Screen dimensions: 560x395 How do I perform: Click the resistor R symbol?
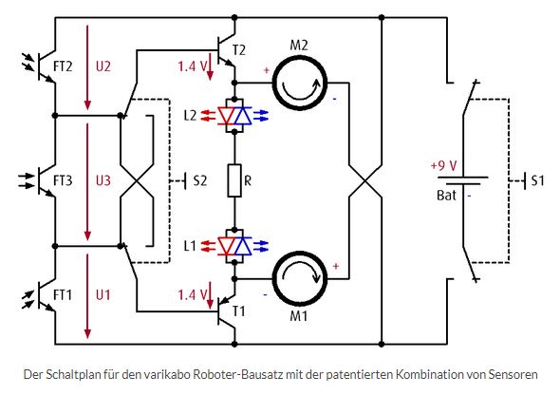tap(234, 180)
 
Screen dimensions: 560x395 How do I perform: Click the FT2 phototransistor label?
tap(63, 66)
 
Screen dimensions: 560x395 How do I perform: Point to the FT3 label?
tap(63, 180)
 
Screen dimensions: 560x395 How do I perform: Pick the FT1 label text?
tap(63, 295)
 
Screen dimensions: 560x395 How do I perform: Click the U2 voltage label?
tap(103, 66)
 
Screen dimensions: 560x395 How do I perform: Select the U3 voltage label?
tap(103, 180)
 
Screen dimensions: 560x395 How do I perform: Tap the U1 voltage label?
tap(103, 295)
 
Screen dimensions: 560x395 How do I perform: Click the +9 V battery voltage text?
tap(444, 166)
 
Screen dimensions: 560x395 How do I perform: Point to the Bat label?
tap(446, 196)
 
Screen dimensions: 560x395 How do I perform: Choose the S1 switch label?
tap(537, 180)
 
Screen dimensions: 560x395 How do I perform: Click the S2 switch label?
tap(200, 180)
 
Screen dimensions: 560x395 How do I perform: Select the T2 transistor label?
tap(239, 50)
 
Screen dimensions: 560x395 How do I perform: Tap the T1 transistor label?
tap(239, 311)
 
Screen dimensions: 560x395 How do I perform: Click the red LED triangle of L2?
tap(227, 116)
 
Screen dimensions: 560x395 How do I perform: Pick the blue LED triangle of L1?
tap(243, 246)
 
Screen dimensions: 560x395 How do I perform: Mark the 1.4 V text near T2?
tap(193, 66)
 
